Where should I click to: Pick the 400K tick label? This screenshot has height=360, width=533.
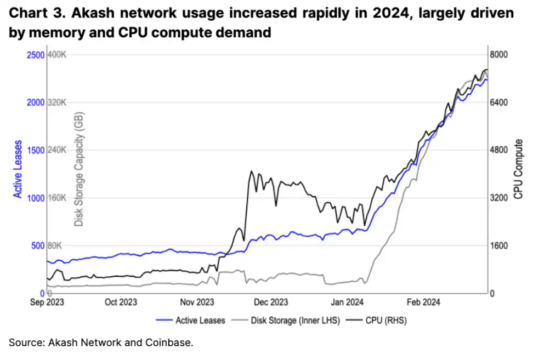[x=57, y=55]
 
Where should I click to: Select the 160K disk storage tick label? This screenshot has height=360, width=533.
[x=57, y=198]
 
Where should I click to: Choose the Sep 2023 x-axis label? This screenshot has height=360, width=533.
[x=46, y=302]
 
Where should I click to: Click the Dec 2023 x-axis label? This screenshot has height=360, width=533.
[x=271, y=302]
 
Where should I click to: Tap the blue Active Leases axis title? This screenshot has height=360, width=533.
[x=19, y=169]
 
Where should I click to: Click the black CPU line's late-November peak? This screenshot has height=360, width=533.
[x=251, y=172]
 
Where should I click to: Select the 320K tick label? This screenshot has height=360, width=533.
[x=57, y=102]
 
